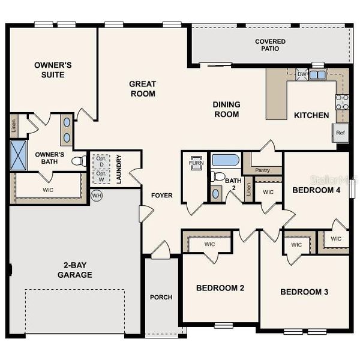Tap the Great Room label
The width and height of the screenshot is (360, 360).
click(x=142, y=89)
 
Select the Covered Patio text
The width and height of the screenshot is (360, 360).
click(x=270, y=46)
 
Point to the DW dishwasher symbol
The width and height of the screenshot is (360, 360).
click(x=302, y=75)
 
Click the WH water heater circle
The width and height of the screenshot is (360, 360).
click(x=95, y=196)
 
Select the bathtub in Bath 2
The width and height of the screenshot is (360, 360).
click(x=225, y=160)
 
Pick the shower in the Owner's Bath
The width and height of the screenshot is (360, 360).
click(x=19, y=155)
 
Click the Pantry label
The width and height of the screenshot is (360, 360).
click(x=262, y=170)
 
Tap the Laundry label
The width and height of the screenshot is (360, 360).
click(x=119, y=169)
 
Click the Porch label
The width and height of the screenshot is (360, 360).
click(x=161, y=297)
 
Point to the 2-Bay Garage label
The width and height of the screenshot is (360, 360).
click(x=75, y=270)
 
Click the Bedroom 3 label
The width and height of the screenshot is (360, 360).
click(x=304, y=292)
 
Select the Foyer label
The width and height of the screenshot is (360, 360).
click(x=161, y=195)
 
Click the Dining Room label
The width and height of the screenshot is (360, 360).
click(x=226, y=109)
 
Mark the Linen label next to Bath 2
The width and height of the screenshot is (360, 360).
click(x=248, y=190)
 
